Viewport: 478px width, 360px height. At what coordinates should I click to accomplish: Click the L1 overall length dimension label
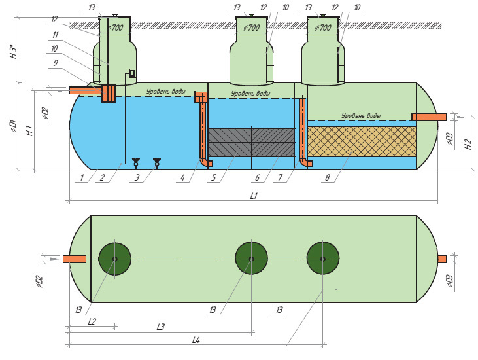(x=254, y=196)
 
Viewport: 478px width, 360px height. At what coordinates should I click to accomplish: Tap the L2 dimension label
(x=92, y=321)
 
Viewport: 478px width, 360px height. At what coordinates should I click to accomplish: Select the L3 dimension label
(x=161, y=327)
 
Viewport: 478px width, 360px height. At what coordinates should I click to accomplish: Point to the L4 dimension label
(x=196, y=340)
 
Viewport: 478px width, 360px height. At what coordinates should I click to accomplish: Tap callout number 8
(x=328, y=177)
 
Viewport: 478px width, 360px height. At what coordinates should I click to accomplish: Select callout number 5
(x=213, y=177)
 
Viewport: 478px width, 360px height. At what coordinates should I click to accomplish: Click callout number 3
(x=137, y=177)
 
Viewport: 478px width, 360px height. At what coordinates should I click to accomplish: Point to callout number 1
(x=82, y=177)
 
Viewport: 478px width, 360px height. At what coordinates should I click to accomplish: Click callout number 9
(x=56, y=63)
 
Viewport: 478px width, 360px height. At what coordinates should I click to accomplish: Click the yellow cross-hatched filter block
(x=362, y=141)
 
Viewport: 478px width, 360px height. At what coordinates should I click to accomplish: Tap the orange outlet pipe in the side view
(x=429, y=117)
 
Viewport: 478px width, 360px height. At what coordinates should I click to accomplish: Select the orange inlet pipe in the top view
(x=75, y=259)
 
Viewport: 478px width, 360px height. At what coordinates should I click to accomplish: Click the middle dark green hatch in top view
(x=252, y=259)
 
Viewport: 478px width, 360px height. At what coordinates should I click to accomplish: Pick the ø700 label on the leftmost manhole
(x=115, y=27)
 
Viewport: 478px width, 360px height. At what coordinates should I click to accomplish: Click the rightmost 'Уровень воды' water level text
(x=361, y=116)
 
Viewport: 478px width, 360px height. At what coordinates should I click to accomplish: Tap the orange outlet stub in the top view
(x=442, y=259)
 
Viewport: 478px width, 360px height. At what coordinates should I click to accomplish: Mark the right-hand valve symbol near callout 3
(x=157, y=162)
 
